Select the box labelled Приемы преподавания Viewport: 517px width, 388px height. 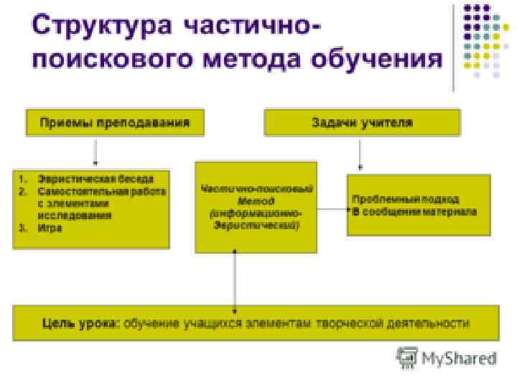(115, 122)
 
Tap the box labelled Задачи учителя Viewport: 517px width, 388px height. (362, 122)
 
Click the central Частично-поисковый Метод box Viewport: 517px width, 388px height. (256, 207)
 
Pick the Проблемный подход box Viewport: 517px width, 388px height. (419, 205)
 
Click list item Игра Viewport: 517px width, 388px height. (50, 228)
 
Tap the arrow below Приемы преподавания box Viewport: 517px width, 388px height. (96, 152)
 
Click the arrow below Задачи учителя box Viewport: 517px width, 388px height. (360, 154)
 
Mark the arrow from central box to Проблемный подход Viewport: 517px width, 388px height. (331, 209)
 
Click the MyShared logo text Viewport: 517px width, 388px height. (459, 358)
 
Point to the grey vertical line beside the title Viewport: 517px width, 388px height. (454, 47)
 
